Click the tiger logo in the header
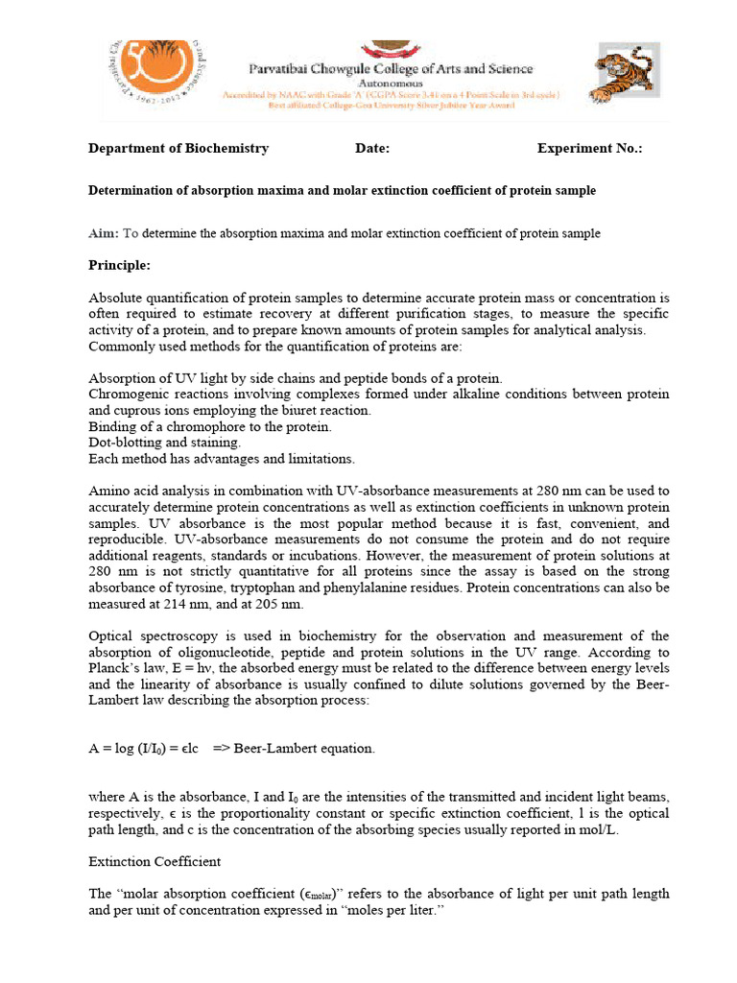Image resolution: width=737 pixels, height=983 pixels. click(622, 74)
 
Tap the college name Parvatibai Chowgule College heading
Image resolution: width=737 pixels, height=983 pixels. click(391, 69)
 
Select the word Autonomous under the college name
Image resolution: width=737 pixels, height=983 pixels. click(390, 83)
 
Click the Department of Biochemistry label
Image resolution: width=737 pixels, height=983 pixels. click(178, 149)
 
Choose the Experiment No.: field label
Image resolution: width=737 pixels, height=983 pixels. click(589, 149)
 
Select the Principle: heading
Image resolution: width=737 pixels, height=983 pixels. click(119, 265)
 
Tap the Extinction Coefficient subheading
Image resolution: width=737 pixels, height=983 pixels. click(154, 862)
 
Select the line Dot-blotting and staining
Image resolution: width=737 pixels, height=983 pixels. click(165, 443)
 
